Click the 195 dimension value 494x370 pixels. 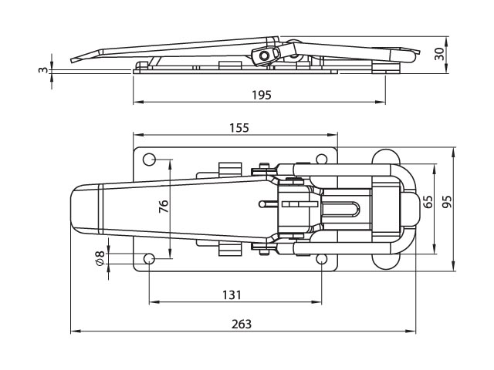click(262, 95)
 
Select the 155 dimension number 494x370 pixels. click(239, 128)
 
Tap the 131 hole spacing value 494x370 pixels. click(232, 295)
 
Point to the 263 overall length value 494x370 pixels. click(242, 324)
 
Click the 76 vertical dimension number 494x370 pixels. click(164, 207)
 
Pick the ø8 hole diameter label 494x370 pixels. click(100, 258)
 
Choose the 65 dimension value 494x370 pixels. click(428, 202)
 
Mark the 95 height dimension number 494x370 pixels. click(447, 202)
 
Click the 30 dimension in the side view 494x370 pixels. click(439, 54)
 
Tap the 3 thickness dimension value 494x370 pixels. click(42, 70)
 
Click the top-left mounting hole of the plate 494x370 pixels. click(149, 160)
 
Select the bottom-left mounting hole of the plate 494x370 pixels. click(149, 259)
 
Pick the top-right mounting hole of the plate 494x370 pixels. click(321, 160)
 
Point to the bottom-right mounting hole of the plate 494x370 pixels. click(321, 259)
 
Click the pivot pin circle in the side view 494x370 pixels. click(263, 56)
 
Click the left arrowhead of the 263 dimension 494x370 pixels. click(76, 331)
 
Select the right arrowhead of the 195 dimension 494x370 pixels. click(380, 102)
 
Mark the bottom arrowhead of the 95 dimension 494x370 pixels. click(454, 265)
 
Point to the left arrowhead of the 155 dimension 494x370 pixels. click(138, 135)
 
